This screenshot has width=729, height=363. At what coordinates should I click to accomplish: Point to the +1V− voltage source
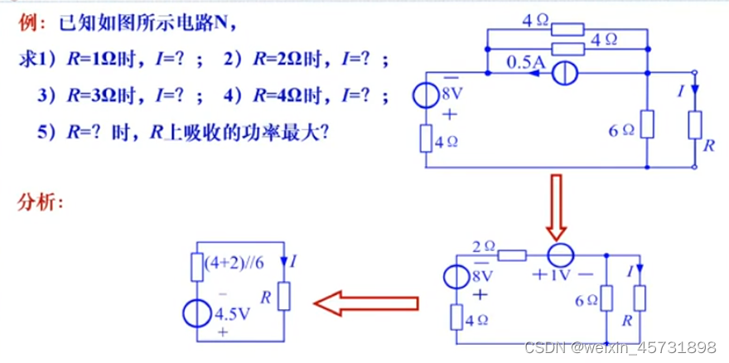(x=558, y=252)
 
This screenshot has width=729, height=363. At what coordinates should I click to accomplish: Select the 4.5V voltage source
(x=196, y=314)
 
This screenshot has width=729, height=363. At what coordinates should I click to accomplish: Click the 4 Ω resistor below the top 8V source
(x=426, y=139)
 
